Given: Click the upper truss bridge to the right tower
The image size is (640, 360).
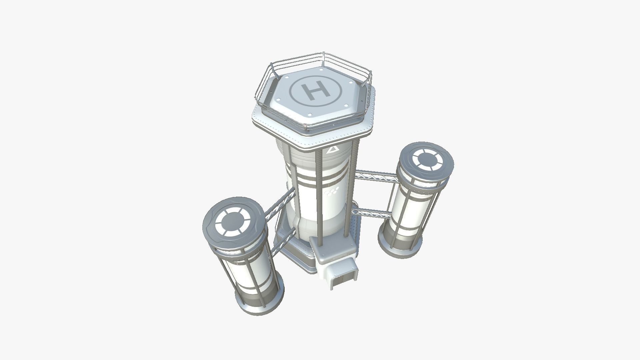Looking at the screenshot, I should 376,176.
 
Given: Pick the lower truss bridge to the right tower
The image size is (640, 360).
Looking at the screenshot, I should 372,212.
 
